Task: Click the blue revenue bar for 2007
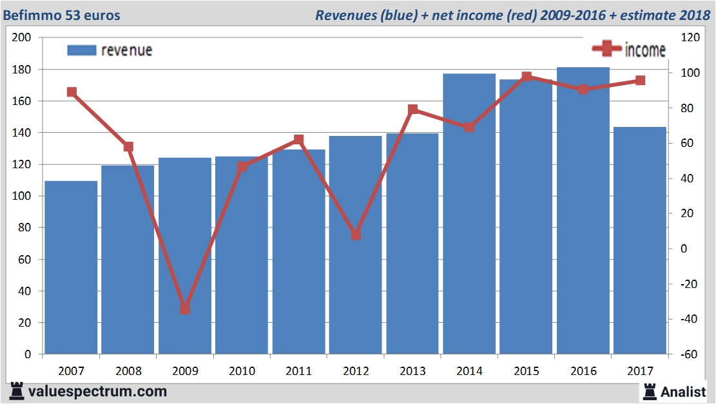click(x=71, y=267)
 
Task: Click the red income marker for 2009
click(x=185, y=309)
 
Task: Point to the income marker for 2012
click(x=356, y=235)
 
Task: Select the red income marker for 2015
click(x=527, y=77)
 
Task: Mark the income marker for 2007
click(x=72, y=92)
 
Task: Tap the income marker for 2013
click(x=413, y=110)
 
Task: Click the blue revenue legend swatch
click(x=81, y=50)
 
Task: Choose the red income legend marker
click(x=606, y=49)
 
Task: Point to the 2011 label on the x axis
click(x=299, y=371)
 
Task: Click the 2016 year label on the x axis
click(x=583, y=371)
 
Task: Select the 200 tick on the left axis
click(x=23, y=37)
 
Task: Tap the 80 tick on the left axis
click(x=25, y=227)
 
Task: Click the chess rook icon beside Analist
click(x=650, y=391)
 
